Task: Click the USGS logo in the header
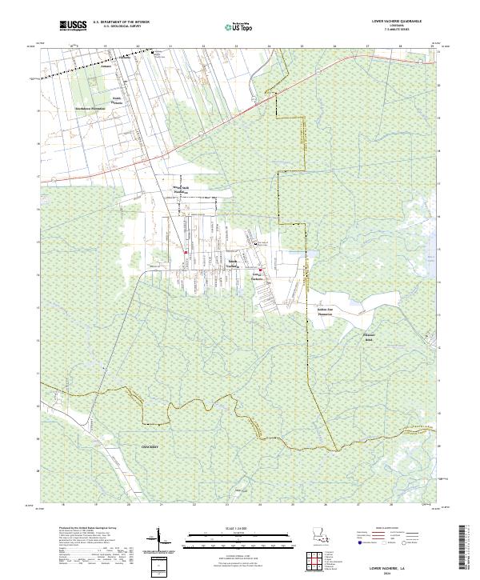coord(73,26)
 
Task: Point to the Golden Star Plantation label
coord(325,310)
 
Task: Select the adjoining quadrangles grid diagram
coord(320,562)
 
